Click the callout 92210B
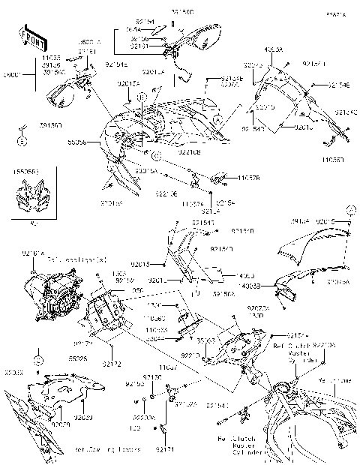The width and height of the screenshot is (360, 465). [189, 151]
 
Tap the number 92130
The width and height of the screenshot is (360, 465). [152, 376]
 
